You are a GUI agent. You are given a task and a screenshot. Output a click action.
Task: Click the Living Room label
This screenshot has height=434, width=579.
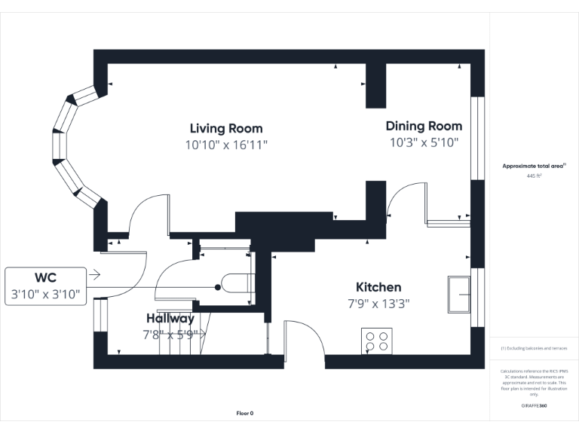pyautogui.click(x=226, y=128)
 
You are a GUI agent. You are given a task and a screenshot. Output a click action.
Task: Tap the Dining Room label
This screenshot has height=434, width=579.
pyautogui.click(x=424, y=126)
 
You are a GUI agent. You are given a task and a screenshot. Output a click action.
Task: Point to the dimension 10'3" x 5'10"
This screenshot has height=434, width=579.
pyautogui.click(x=424, y=142)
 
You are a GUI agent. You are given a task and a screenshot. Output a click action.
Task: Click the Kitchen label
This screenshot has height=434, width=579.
pyautogui.click(x=378, y=287)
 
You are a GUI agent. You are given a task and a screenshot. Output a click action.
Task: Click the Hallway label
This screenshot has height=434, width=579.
pyautogui.click(x=170, y=318)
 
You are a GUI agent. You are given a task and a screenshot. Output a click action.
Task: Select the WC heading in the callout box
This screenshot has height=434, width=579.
pyautogui.click(x=47, y=277)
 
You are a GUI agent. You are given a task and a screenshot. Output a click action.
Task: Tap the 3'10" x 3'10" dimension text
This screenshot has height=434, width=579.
pyautogui.click(x=47, y=295)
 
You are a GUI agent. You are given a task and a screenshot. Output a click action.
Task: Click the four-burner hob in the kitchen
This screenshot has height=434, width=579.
pyautogui.click(x=376, y=341)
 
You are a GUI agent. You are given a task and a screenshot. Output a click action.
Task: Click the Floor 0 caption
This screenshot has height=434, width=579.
pyautogui.click(x=245, y=413)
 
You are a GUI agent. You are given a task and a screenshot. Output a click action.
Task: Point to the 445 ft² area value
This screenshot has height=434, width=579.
pyautogui.click(x=534, y=176)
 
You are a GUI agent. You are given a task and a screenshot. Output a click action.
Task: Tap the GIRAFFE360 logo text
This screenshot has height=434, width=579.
pyautogui.click(x=534, y=405)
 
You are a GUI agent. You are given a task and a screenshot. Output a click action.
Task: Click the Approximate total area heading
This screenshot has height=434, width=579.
pyautogui.click(x=534, y=166)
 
